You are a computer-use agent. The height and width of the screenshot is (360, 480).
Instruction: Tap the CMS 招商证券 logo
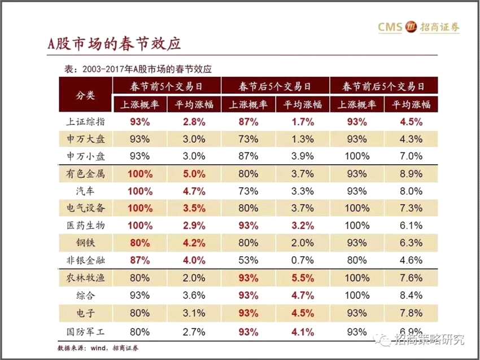pyautogui.click(x=418, y=27)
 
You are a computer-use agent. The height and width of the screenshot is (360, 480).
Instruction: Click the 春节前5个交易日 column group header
pyautogui.click(x=167, y=86)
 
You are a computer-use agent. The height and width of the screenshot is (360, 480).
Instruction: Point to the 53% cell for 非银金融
pyautogui.click(x=247, y=260)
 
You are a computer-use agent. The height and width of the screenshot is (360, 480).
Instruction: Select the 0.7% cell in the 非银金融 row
pyautogui.click(x=302, y=260)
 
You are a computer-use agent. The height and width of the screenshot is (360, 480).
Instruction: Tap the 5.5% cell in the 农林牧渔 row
pyautogui.click(x=302, y=278)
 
